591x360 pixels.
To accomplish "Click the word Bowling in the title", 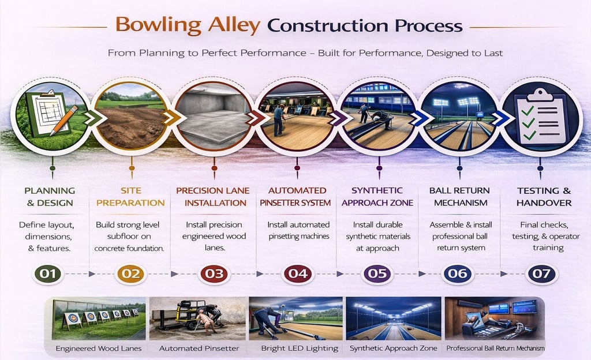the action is coord(158,25).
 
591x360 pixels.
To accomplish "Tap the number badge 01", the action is coord(48,274).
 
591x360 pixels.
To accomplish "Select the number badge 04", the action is coord(298,274).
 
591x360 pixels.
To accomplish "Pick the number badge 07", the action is coord(541,274).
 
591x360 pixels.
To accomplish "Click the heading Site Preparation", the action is coord(130,197).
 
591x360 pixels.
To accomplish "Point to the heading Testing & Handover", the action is coord(544,197).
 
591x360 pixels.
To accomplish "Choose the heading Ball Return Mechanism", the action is coord(460,197).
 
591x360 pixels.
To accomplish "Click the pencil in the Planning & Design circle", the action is coord(63,120).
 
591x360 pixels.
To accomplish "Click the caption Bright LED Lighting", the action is coord(300,348).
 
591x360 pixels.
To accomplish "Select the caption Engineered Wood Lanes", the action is coord(99,348).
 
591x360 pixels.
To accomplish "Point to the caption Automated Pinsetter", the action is coord(199,348).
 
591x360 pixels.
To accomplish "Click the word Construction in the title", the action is coord(328,25).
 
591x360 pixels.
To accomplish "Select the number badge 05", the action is coord(377,274).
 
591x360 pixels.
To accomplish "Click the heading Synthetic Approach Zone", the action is coord(377,197).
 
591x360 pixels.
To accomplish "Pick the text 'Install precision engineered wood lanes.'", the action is coord(214,236).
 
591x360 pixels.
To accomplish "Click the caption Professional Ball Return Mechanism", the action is coord(495,348).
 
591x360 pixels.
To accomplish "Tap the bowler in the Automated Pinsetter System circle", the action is coord(278,119).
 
